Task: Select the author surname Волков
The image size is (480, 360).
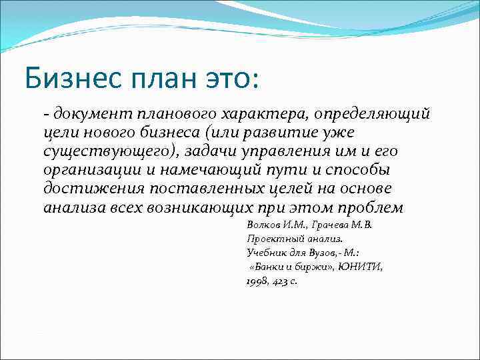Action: point(263,225)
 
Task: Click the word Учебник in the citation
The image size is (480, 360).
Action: point(266,253)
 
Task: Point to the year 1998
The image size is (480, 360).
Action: point(257,281)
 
